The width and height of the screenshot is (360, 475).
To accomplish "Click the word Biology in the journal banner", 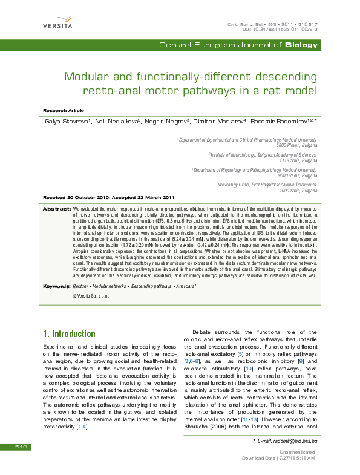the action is [301, 45].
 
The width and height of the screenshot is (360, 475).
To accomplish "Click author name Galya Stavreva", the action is [67, 122].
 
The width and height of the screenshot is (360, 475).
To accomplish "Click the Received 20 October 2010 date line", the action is [109, 198].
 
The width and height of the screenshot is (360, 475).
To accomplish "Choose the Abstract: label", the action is [56, 209].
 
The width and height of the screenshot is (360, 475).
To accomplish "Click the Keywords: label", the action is [56, 286].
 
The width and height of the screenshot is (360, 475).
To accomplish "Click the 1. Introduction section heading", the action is [69, 333].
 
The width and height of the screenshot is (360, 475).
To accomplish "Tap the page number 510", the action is [22, 447].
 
